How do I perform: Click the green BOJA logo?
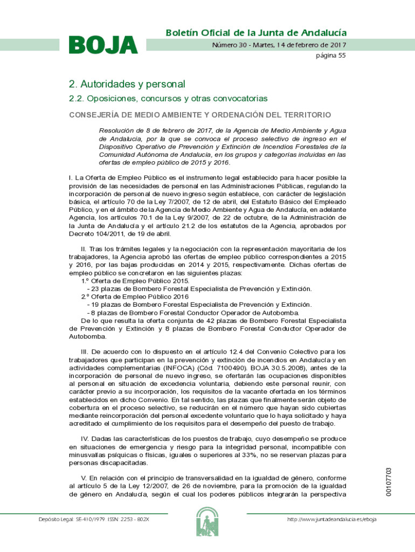(103, 45)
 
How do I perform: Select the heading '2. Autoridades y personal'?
(127, 84)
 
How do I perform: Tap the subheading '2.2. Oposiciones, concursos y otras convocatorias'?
(168, 99)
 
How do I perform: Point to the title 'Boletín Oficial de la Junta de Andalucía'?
(256, 33)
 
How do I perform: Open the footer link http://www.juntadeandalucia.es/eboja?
(332, 519)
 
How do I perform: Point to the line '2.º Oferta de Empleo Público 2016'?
(135, 296)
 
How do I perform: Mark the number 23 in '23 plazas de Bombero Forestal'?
(94, 289)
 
